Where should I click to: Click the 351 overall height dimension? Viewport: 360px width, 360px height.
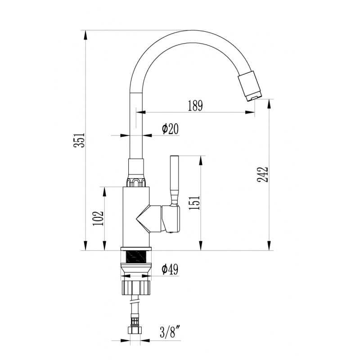[x=79, y=140]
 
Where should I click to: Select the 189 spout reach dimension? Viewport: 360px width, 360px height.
[x=195, y=106]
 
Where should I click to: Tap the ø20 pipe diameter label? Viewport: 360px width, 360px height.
[x=170, y=129]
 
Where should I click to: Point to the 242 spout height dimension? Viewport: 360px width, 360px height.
[x=262, y=175]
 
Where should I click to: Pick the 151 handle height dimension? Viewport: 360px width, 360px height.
[x=194, y=203]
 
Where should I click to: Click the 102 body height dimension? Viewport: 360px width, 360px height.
[x=98, y=218]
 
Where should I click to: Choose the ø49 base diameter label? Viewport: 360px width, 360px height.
[x=170, y=269]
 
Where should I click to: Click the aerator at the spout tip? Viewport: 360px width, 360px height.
[x=250, y=86]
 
